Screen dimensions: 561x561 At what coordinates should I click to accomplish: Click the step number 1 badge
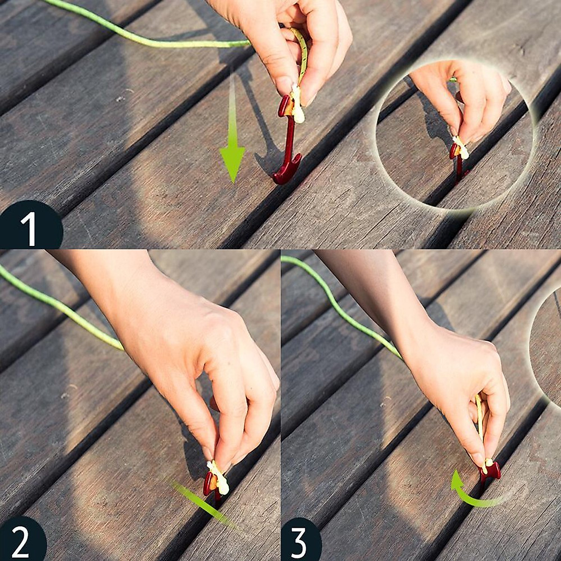coord(29,226)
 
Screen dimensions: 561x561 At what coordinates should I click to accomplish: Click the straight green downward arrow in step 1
coord(232,125)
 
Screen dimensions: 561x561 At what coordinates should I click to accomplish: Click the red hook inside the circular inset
coord(457,163)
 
